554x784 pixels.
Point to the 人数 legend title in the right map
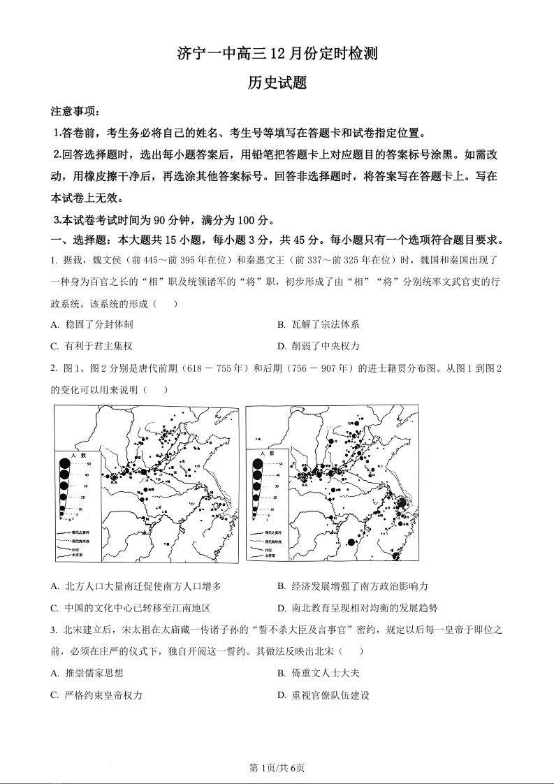coord(268,455)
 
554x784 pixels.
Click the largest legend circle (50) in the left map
coord(64,464)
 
